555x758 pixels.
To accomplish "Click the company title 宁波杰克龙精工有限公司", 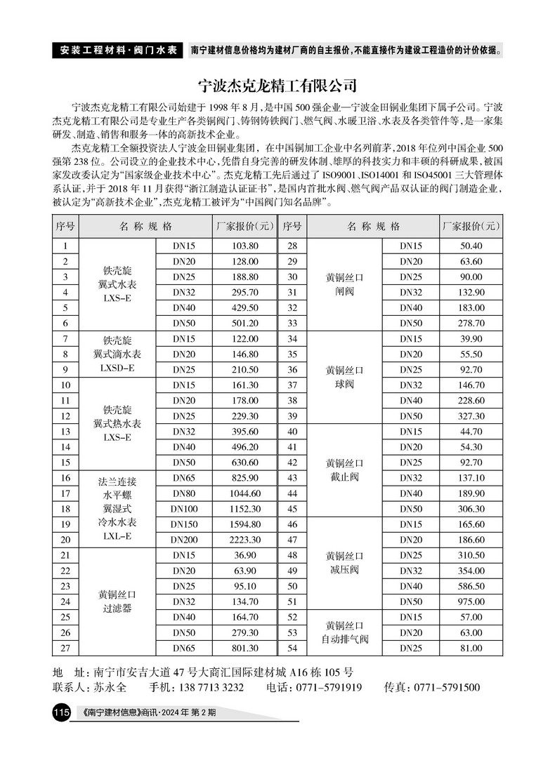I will click(277, 86).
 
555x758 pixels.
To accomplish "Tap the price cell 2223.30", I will click(245, 540).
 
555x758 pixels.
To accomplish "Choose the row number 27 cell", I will click(65, 649).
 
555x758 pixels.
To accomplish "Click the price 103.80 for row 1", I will click(245, 246).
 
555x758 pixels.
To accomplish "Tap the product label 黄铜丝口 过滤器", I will click(117, 601).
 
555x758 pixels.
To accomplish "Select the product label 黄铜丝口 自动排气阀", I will click(344, 632).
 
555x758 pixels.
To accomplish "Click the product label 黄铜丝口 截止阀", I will click(344, 470).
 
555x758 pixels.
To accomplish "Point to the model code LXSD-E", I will click(117, 368).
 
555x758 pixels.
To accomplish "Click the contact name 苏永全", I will click(111, 686).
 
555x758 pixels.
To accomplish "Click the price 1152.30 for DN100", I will click(245, 509).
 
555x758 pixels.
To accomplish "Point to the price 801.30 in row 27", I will click(245, 649).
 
